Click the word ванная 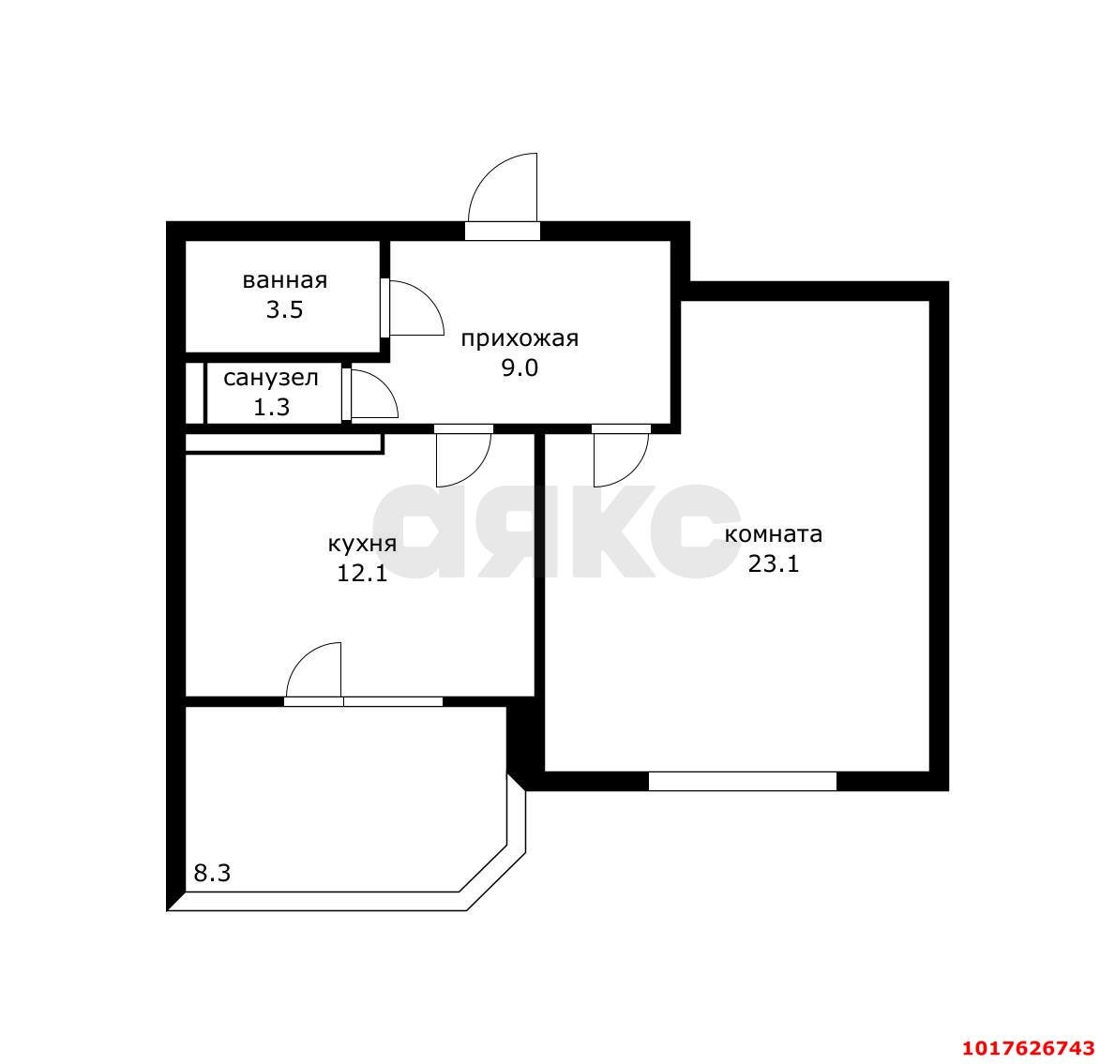tap(284, 280)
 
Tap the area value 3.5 tap(284, 310)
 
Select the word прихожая tap(520, 339)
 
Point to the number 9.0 tap(520, 368)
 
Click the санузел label tap(271, 378)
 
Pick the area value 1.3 tap(271, 407)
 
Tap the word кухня tap(362, 545)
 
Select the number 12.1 tap(362, 573)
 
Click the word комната tap(773, 533)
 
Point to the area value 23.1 tap(773, 562)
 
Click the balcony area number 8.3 tap(212, 873)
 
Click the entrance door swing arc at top tap(488, 173)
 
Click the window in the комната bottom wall tap(743, 781)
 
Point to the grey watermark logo tap(557, 531)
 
